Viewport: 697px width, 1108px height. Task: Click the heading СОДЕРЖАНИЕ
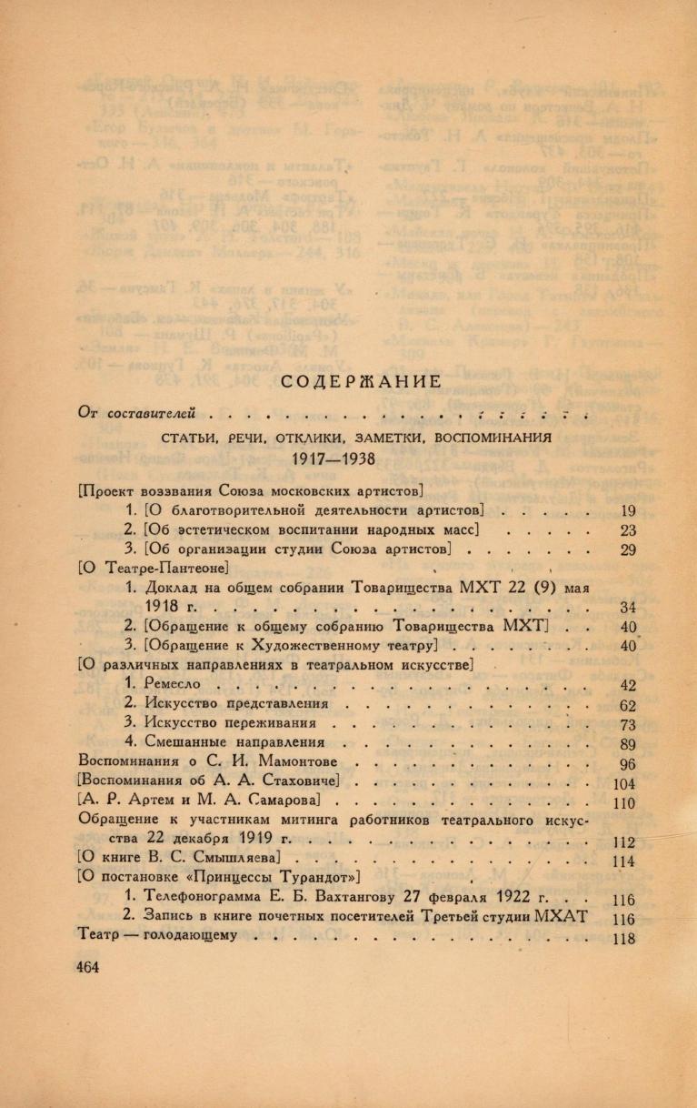click(x=347, y=380)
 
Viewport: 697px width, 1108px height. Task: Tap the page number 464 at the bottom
click(x=88, y=968)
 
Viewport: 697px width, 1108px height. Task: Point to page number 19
click(x=626, y=510)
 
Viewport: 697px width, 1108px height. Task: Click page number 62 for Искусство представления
click(x=626, y=705)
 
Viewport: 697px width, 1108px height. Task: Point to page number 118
click(x=624, y=940)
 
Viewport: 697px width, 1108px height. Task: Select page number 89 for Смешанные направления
click(x=626, y=744)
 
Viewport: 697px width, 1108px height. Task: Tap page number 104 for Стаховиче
click(x=624, y=783)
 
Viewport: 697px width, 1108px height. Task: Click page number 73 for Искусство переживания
click(x=626, y=725)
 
